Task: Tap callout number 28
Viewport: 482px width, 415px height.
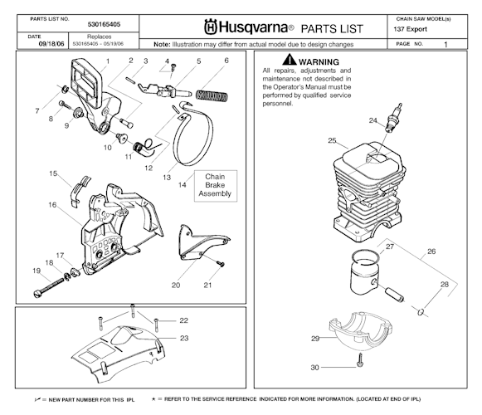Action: click(445, 284)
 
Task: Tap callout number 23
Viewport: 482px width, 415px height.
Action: click(183, 338)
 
